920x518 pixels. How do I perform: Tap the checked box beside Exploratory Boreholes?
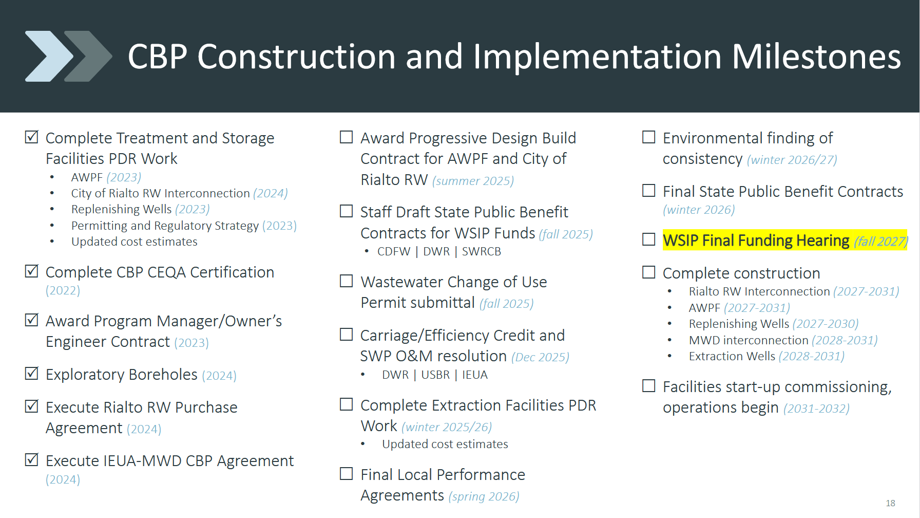click(32, 373)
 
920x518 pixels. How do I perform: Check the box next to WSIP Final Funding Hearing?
click(649, 239)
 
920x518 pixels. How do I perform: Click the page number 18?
click(890, 503)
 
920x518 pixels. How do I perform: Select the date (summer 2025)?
click(473, 181)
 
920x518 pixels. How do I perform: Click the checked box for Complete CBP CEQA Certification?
click(32, 271)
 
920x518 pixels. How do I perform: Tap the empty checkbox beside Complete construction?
click(649, 272)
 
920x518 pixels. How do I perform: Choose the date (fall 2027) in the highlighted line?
click(881, 241)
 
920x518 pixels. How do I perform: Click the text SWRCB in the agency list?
click(482, 251)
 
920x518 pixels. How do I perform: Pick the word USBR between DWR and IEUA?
click(435, 375)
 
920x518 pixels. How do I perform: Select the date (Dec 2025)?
click(540, 357)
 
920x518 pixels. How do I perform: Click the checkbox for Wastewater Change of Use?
click(347, 281)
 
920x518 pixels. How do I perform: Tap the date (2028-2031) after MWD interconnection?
click(845, 340)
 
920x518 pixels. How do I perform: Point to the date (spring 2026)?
click(484, 496)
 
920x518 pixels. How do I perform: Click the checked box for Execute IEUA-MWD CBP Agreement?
click(32, 459)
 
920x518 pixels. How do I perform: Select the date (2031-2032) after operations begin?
click(816, 409)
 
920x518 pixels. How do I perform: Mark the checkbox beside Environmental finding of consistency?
click(649, 137)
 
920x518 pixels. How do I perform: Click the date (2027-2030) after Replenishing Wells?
click(826, 324)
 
